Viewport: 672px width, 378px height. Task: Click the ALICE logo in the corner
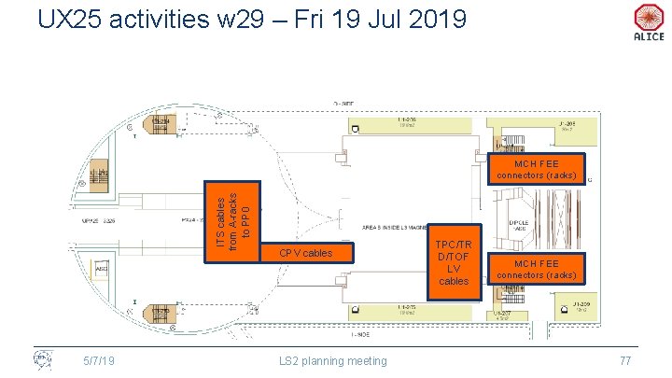[648, 21]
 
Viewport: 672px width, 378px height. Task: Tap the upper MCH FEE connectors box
[539, 168]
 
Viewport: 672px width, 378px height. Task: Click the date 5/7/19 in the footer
[99, 361]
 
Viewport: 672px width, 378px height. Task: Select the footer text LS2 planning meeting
[333, 361]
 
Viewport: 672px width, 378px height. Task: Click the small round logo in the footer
[41, 359]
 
